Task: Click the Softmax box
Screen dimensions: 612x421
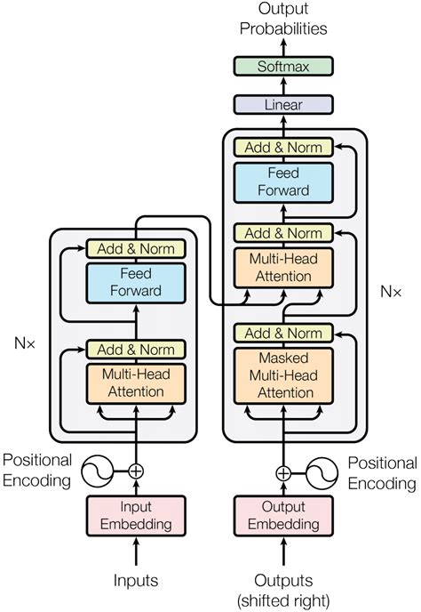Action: (x=282, y=66)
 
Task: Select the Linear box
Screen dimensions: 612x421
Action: (x=282, y=105)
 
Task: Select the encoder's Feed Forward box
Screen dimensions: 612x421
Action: (x=135, y=283)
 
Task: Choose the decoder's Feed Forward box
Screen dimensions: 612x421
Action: (x=282, y=181)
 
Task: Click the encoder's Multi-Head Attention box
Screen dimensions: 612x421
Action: (x=135, y=383)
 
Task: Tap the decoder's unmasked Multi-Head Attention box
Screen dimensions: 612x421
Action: (x=282, y=268)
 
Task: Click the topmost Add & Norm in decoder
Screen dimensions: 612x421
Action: (x=282, y=148)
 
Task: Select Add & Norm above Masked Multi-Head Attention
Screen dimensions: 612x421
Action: (x=282, y=334)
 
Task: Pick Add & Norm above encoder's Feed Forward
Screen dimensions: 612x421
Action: (x=135, y=248)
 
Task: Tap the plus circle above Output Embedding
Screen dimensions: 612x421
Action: (x=282, y=473)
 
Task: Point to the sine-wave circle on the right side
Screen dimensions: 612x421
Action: (x=322, y=473)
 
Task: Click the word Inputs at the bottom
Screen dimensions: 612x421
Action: (x=135, y=581)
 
